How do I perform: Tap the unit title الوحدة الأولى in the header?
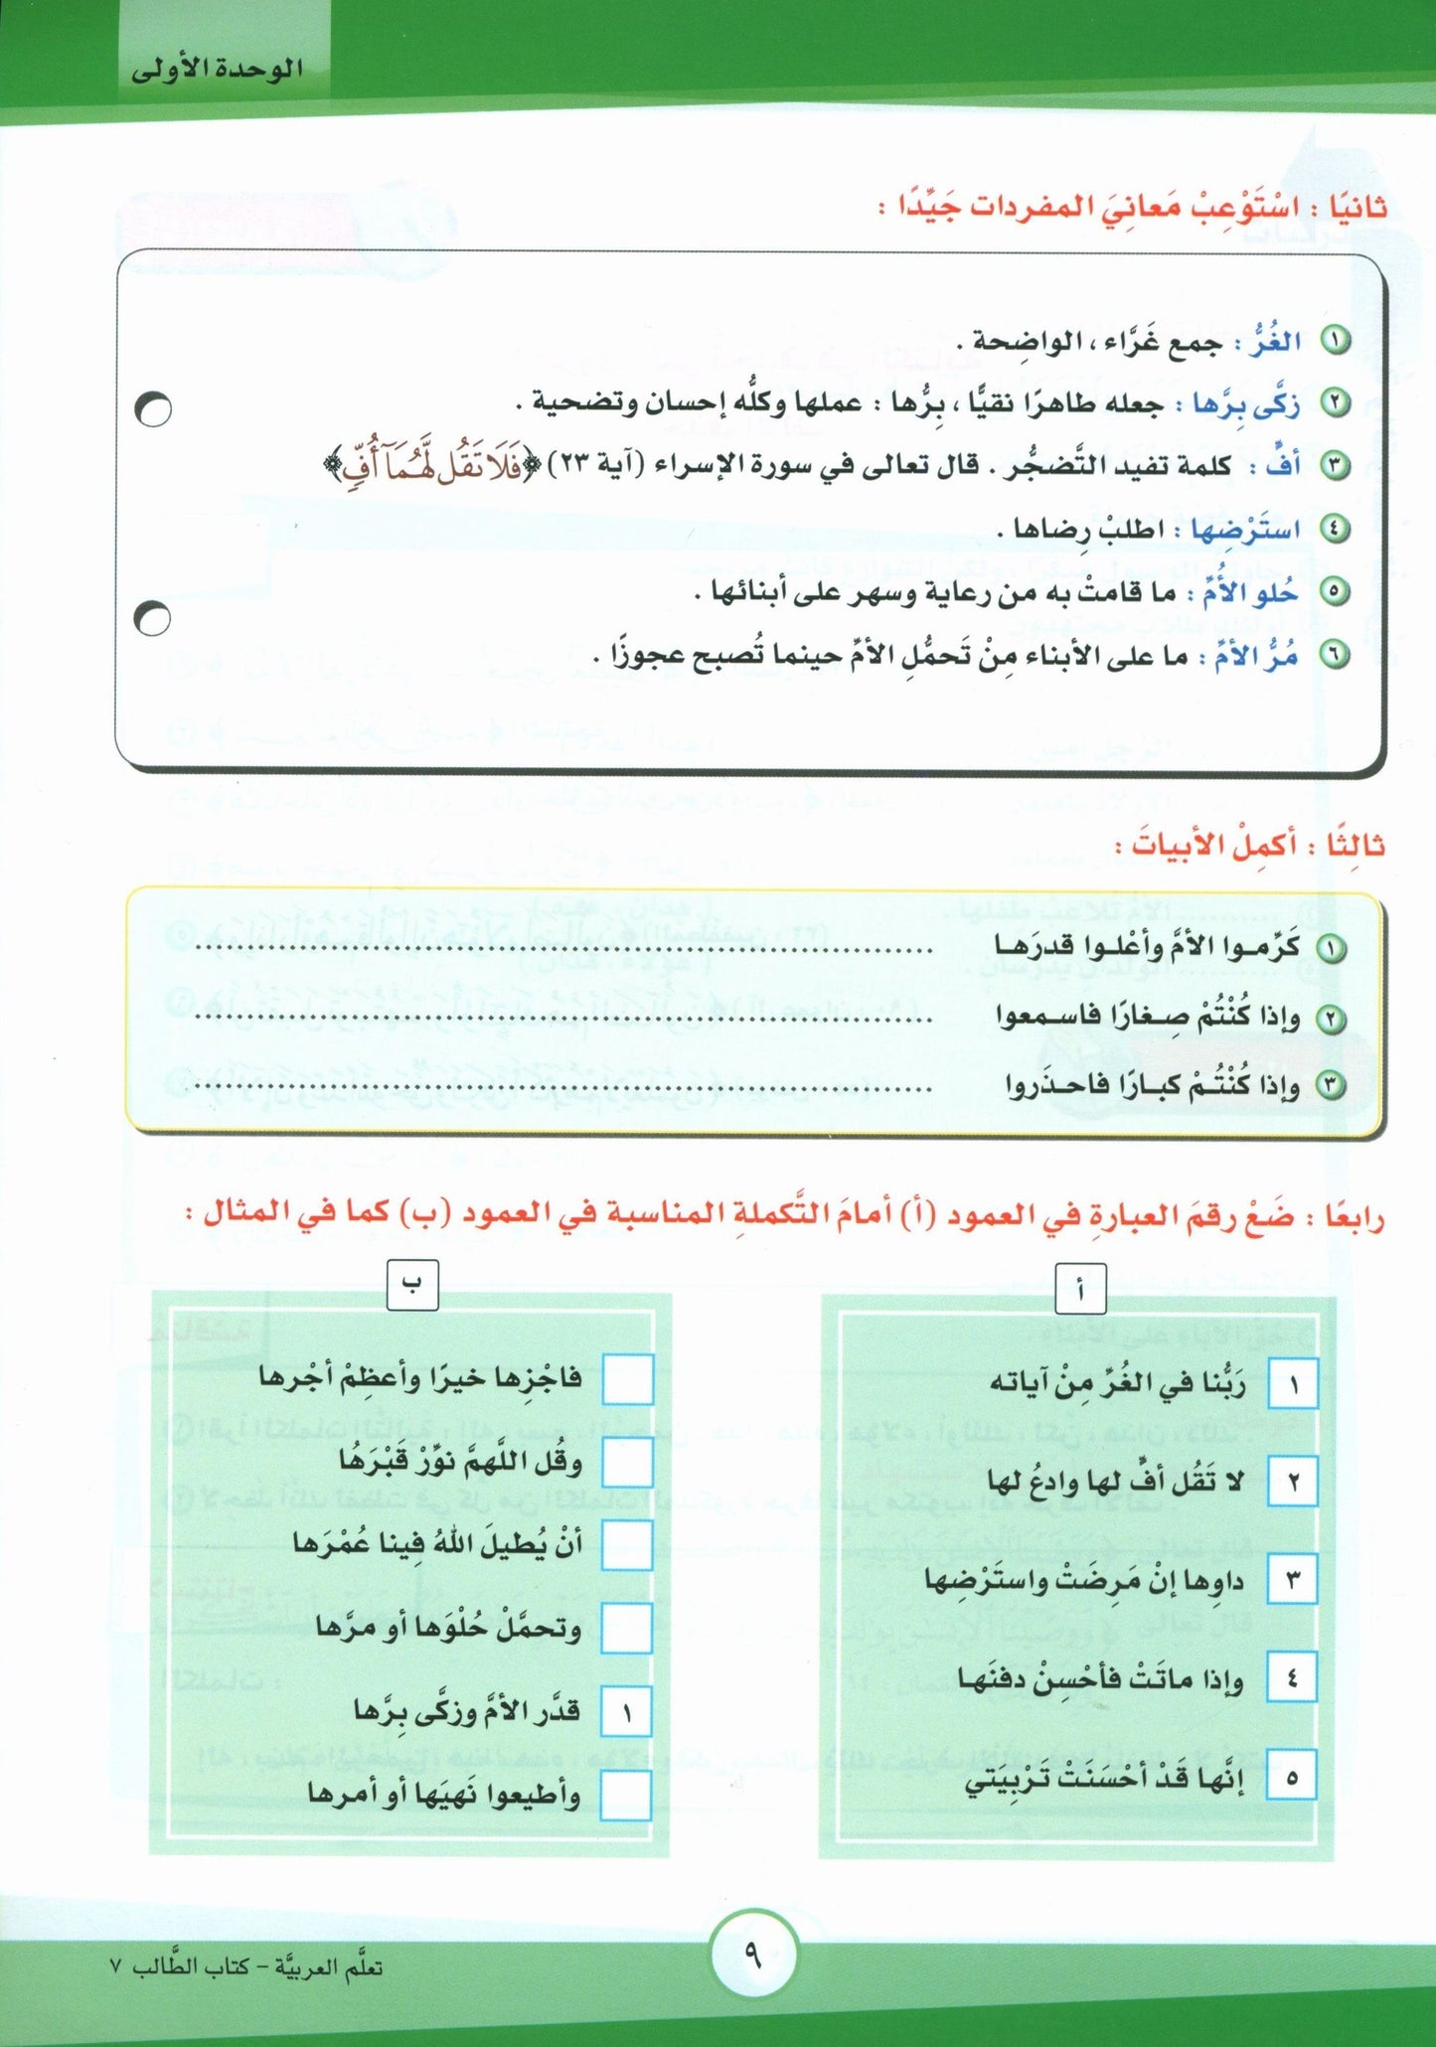coord(217,70)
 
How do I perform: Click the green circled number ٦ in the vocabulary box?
coord(1335,655)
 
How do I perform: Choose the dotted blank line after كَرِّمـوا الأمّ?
coord(562,950)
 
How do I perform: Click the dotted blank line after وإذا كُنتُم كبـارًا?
coord(562,1087)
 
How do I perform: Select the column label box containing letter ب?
coord(412,1285)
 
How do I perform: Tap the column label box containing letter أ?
coord(1079,1291)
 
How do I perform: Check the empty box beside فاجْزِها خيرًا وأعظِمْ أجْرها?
coord(627,1380)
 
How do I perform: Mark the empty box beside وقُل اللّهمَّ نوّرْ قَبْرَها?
coord(627,1463)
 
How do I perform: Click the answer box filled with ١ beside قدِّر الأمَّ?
coord(626,1711)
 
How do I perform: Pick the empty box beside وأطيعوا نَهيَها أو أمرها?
coord(626,1795)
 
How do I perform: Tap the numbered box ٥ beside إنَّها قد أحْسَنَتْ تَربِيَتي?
coord(1292,1774)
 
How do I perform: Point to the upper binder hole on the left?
coord(153,408)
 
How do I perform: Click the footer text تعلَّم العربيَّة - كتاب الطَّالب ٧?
coord(247,1968)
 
